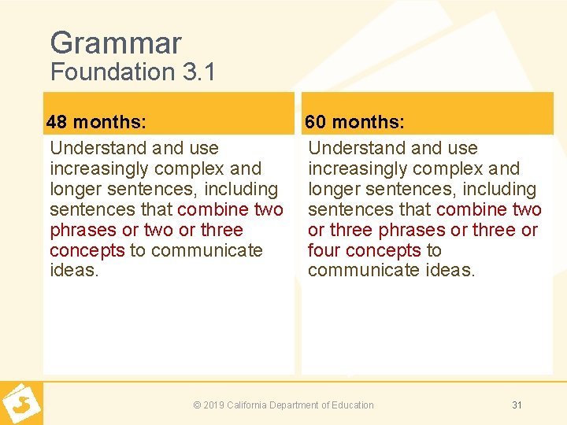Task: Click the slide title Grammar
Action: (115, 42)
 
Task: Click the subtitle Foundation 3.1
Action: (132, 72)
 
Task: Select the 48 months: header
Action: (95, 122)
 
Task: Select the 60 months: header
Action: (354, 122)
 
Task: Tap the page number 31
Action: (517, 405)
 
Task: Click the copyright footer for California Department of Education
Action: (283, 405)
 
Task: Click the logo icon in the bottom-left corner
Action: (20, 403)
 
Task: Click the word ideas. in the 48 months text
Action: (73, 271)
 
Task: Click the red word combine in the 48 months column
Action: (213, 209)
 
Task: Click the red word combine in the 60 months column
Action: (471, 209)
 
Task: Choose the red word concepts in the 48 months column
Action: (87, 250)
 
